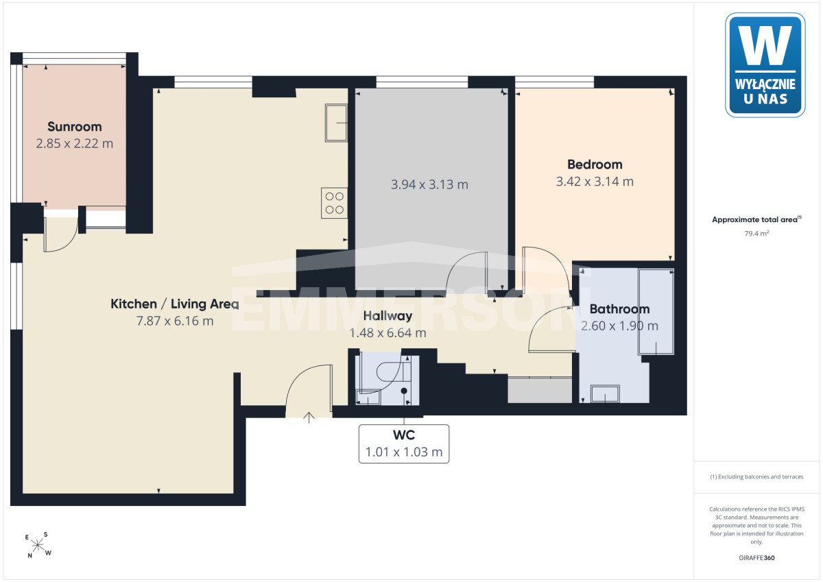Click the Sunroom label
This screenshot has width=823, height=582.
(75, 127)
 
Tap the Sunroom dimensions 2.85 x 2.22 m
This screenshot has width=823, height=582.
(75, 143)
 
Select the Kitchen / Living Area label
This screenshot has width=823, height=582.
(174, 304)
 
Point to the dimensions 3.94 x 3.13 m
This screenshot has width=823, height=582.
(429, 184)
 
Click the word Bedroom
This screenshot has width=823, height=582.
(595, 165)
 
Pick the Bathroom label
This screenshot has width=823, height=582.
(619, 309)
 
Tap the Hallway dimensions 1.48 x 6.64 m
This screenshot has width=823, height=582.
(387, 332)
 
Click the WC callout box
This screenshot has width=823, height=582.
(404, 444)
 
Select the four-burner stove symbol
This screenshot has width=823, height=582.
(335, 203)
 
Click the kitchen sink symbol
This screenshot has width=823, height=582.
(336, 123)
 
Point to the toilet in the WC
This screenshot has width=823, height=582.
(393, 372)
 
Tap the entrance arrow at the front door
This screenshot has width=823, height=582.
(309, 417)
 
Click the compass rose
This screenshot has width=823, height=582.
(38, 545)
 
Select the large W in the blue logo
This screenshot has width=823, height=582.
(765, 45)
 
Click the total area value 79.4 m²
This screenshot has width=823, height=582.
(756, 233)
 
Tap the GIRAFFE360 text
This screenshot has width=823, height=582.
(756, 558)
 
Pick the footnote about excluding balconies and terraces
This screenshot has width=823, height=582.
(756, 476)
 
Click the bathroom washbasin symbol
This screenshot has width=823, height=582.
(605, 393)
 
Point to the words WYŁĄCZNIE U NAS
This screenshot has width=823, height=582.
(765, 91)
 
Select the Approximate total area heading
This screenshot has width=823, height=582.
(756, 219)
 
